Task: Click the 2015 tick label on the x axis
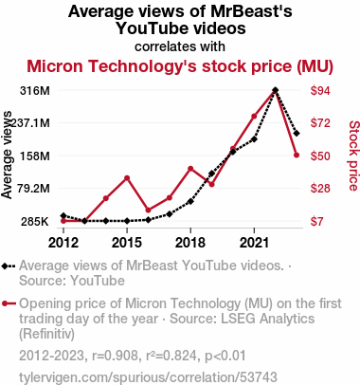[127, 243]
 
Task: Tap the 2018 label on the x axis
[190, 243]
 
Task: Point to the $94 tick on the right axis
[320, 91]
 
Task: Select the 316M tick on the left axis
[35, 91]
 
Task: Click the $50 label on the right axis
[320, 156]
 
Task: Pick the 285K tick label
[35, 222]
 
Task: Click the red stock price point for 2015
[127, 178]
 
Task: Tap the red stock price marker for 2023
[297, 156]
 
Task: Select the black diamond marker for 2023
[297, 134]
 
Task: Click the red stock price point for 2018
[190, 169]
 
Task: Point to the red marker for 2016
[149, 211]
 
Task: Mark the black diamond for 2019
[212, 174]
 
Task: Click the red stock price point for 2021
[254, 117]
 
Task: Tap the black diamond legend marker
[5, 266]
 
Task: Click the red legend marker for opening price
[5, 303]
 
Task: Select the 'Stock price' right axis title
[353, 156]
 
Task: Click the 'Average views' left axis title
[7, 155]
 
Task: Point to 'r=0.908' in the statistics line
[115, 356]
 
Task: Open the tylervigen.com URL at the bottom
[148, 377]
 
